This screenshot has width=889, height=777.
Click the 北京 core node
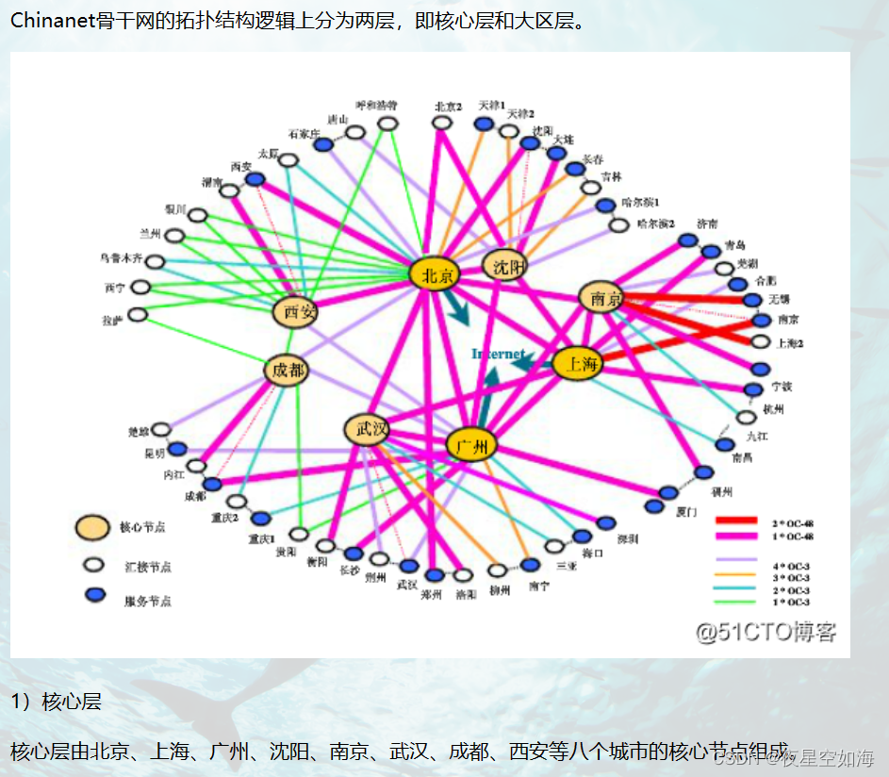(434, 273)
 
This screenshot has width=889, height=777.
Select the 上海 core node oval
(577, 364)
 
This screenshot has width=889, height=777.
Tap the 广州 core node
(470, 447)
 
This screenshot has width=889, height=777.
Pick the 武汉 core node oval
(367, 430)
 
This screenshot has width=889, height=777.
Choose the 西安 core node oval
(296, 312)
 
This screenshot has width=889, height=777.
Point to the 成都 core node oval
(287, 371)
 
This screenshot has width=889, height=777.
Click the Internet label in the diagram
(498, 354)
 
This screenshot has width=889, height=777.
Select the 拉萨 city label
(112, 321)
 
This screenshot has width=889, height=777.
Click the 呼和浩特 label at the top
(376, 105)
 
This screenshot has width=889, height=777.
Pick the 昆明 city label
(154, 453)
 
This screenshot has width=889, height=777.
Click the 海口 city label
(593, 554)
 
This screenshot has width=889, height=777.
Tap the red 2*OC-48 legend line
(736, 521)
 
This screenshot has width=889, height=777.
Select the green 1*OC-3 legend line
(736, 601)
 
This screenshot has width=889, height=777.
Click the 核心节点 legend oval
(93, 529)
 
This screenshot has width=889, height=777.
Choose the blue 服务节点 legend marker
(93, 597)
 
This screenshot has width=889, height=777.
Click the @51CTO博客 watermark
(766, 632)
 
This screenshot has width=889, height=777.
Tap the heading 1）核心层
(56, 702)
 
